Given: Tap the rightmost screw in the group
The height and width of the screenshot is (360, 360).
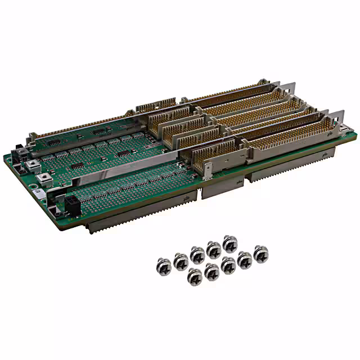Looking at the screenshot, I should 260,252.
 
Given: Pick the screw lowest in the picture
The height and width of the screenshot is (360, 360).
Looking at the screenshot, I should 193,276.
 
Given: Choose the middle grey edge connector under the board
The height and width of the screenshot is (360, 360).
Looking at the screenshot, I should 222,188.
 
